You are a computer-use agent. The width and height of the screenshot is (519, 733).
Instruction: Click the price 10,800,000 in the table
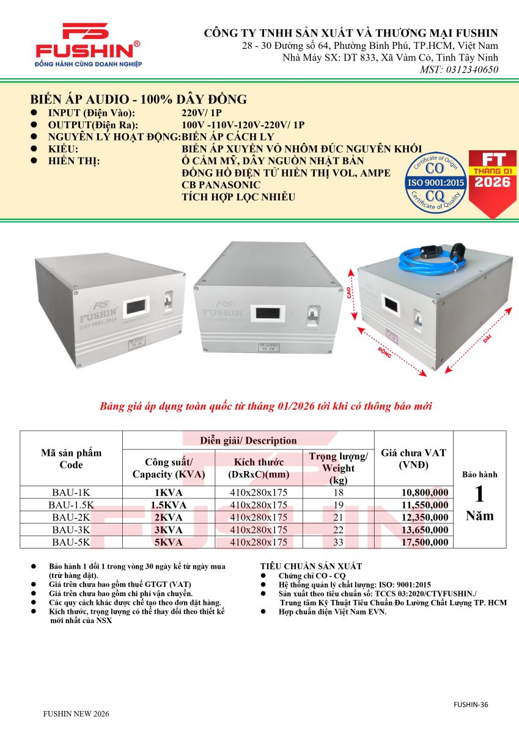tap(424, 492)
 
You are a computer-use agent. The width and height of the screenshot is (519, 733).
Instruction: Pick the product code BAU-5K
tap(71, 542)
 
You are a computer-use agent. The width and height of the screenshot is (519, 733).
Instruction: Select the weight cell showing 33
tap(338, 542)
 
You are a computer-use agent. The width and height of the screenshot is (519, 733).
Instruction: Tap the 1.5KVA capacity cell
tap(168, 505)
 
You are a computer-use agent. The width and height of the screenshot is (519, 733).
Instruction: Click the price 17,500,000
tap(424, 542)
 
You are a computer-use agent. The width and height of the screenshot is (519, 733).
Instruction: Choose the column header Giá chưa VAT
tap(413, 458)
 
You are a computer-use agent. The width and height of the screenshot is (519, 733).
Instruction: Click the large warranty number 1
tap(479, 494)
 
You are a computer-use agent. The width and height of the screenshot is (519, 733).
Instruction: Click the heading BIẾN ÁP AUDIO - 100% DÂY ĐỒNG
tap(139, 100)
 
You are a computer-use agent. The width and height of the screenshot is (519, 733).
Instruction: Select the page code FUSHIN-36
tap(471, 704)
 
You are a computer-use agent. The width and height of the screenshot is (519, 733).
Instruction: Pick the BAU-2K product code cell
tap(71, 517)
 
